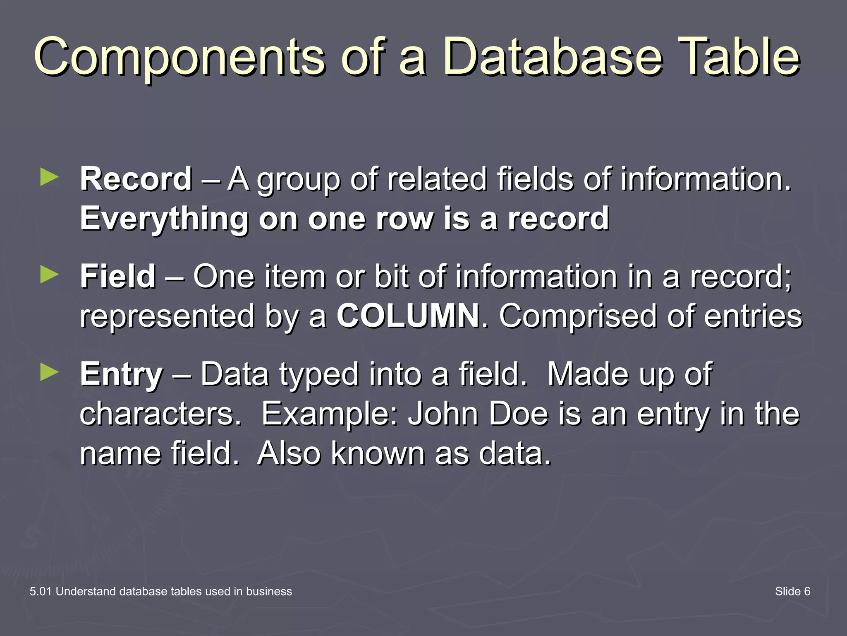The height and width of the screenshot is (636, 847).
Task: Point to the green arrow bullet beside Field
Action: pos(50,275)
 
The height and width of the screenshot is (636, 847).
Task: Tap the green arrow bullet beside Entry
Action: pos(50,372)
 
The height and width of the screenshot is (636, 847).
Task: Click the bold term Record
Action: pos(136,179)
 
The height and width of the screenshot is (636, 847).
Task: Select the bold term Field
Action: pos(118,277)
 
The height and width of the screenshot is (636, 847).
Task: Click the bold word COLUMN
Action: pos(408,316)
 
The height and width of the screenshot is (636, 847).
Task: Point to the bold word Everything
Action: pos(164,219)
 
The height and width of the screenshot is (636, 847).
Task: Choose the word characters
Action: pos(160,414)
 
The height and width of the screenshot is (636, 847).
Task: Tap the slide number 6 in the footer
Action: pos(807,591)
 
